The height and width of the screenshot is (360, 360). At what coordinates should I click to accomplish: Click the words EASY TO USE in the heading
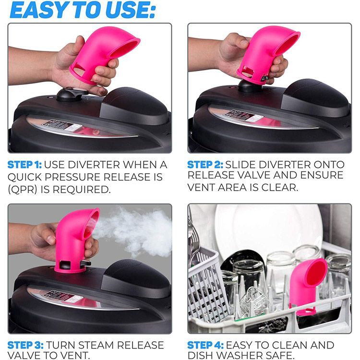83,11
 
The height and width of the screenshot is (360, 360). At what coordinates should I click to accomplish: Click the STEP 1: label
24,165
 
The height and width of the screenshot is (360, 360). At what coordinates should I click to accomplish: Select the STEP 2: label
205,165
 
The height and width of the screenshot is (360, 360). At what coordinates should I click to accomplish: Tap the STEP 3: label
25,345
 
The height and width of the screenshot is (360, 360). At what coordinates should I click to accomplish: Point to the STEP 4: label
205,345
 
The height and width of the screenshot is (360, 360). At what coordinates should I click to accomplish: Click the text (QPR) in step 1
22,190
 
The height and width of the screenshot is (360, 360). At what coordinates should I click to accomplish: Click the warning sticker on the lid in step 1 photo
61,126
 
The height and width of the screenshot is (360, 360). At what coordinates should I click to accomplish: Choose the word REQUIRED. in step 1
81,190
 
